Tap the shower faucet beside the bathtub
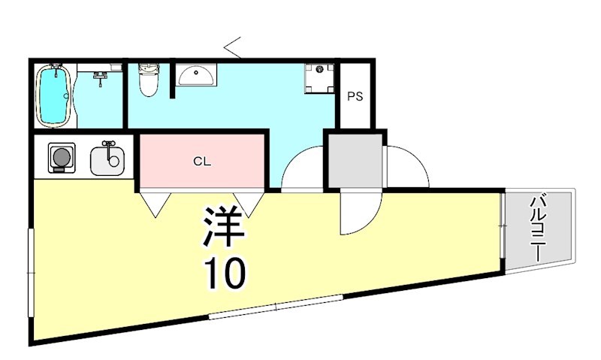click(x=101, y=74)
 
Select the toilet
click(x=149, y=80)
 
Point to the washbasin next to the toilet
click(x=197, y=74)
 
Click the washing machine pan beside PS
click(x=320, y=77)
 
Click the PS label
click(x=355, y=96)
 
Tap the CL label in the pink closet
click(x=201, y=160)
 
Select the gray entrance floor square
click(x=355, y=161)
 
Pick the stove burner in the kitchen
click(x=60, y=158)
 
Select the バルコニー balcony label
click(x=538, y=227)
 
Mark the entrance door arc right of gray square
click(x=406, y=167)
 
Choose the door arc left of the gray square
click(x=303, y=169)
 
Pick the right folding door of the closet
click(x=251, y=201)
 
